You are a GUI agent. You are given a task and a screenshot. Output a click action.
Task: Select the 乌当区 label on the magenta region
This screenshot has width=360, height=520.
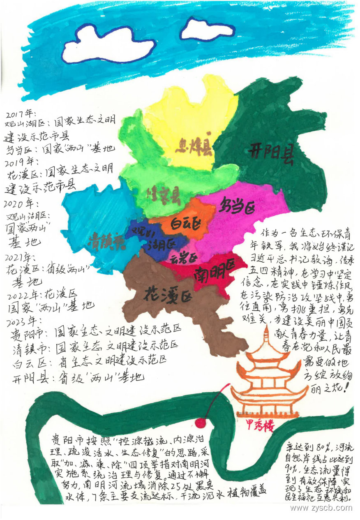tap(238, 204)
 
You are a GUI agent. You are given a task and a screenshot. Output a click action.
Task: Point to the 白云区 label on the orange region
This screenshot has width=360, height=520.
tap(185, 224)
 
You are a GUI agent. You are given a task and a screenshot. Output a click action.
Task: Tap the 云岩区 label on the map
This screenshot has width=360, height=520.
tap(184, 258)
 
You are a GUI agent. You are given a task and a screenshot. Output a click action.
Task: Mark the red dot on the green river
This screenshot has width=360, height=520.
tap(200, 422)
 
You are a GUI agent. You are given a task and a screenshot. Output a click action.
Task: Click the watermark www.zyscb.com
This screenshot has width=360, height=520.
tap(321, 508)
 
